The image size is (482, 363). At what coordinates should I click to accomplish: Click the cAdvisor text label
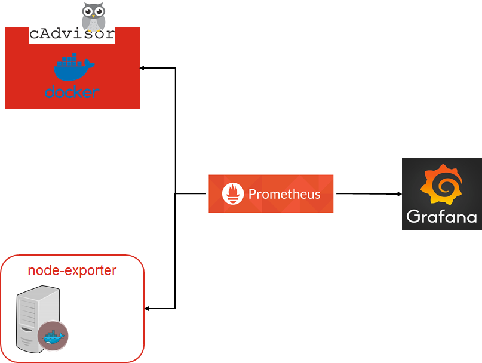click(x=72, y=34)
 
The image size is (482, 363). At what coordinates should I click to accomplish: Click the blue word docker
click(x=72, y=92)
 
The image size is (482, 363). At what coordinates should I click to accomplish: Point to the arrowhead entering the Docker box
click(x=143, y=68)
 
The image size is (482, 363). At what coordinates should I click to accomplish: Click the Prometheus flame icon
click(x=233, y=194)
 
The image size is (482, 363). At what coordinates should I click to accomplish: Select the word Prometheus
click(x=284, y=194)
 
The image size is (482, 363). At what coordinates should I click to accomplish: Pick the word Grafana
click(x=441, y=216)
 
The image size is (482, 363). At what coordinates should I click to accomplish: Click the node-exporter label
click(x=72, y=270)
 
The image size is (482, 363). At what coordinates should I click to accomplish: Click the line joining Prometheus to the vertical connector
click(x=191, y=193)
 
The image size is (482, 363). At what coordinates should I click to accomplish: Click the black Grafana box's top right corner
click(x=481, y=159)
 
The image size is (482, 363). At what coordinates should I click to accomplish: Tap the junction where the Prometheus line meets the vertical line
click(x=175, y=193)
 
